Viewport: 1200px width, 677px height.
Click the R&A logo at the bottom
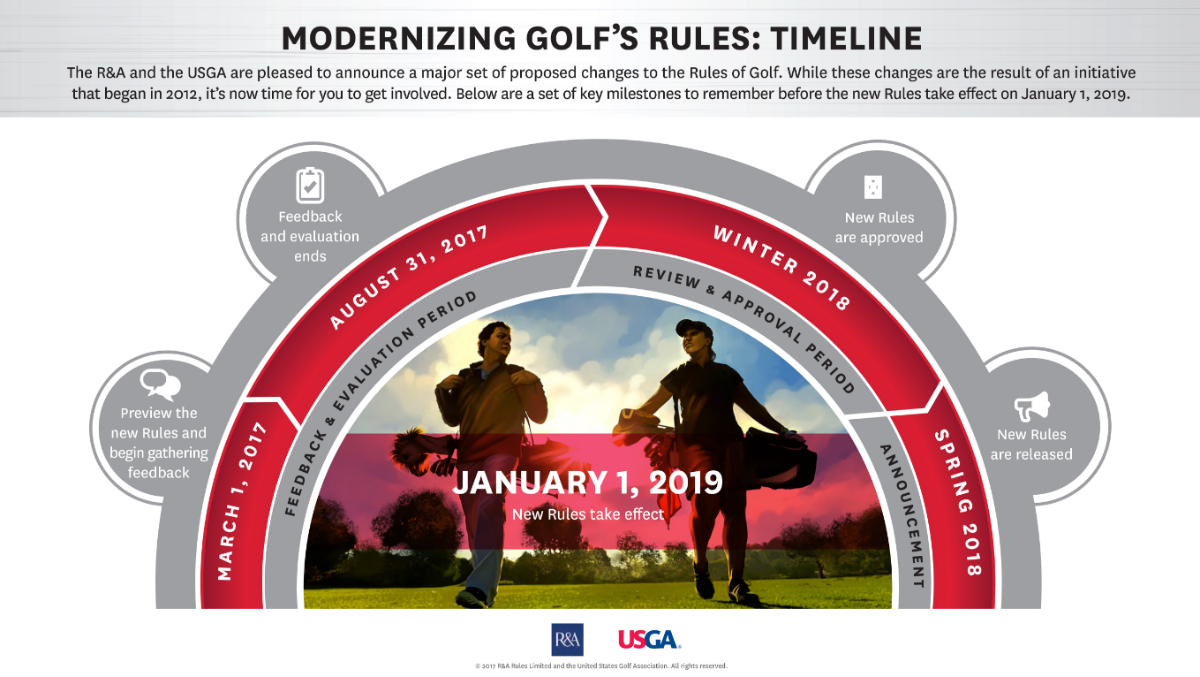[x=567, y=640]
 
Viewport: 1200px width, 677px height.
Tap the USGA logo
[x=649, y=640]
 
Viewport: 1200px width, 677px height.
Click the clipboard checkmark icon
[x=310, y=186]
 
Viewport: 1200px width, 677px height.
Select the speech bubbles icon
[x=160, y=384]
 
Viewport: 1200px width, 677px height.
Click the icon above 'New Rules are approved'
[x=873, y=187]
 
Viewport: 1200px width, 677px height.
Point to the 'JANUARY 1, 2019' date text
[x=588, y=482]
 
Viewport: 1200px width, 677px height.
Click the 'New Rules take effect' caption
[x=588, y=514]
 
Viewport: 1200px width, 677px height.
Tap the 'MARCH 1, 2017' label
[x=242, y=501]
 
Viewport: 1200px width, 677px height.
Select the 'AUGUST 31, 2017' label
[x=408, y=277]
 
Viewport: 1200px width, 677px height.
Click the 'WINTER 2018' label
[x=781, y=266]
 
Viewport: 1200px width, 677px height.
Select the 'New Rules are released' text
[x=1031, y=445]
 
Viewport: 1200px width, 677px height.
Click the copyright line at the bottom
[x=601, y=666]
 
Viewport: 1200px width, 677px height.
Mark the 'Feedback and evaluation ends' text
[x=310, y=236]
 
